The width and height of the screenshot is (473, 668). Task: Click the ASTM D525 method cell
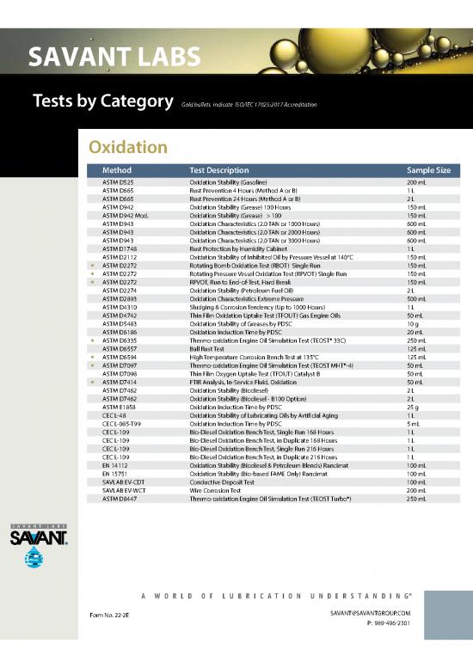[x=118, y=183]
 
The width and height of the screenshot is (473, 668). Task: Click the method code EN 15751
[x=115, y=473]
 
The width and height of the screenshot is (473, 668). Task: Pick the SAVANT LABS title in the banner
[x=114, y=58]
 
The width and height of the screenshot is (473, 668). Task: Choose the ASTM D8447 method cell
[x=119, y=499]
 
